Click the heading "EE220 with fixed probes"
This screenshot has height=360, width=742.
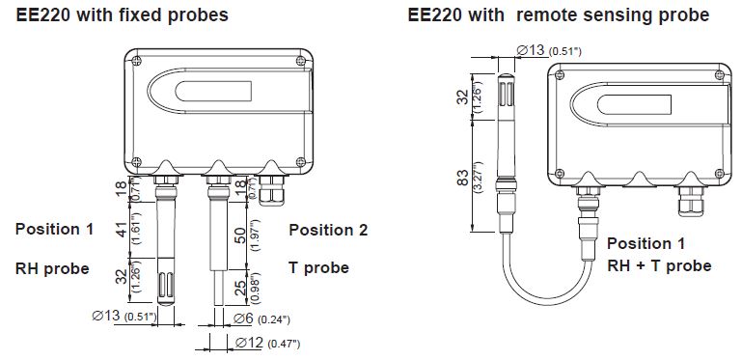[x=123, y=15]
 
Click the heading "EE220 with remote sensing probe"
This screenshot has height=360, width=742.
[x=559, y=15]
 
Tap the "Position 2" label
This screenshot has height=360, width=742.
[x=328, y=230]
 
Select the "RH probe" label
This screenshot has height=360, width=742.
[x=52, y=268]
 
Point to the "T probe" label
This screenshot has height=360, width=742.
[x=318, y=267]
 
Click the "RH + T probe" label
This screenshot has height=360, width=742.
[x=659, y=265]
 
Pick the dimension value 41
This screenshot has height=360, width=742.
[x=123, y=230]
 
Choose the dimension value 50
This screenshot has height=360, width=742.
[x=241, y=235]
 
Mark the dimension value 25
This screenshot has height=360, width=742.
[x=241, y=287]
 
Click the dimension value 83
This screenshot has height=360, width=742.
[x=463, y=178]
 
